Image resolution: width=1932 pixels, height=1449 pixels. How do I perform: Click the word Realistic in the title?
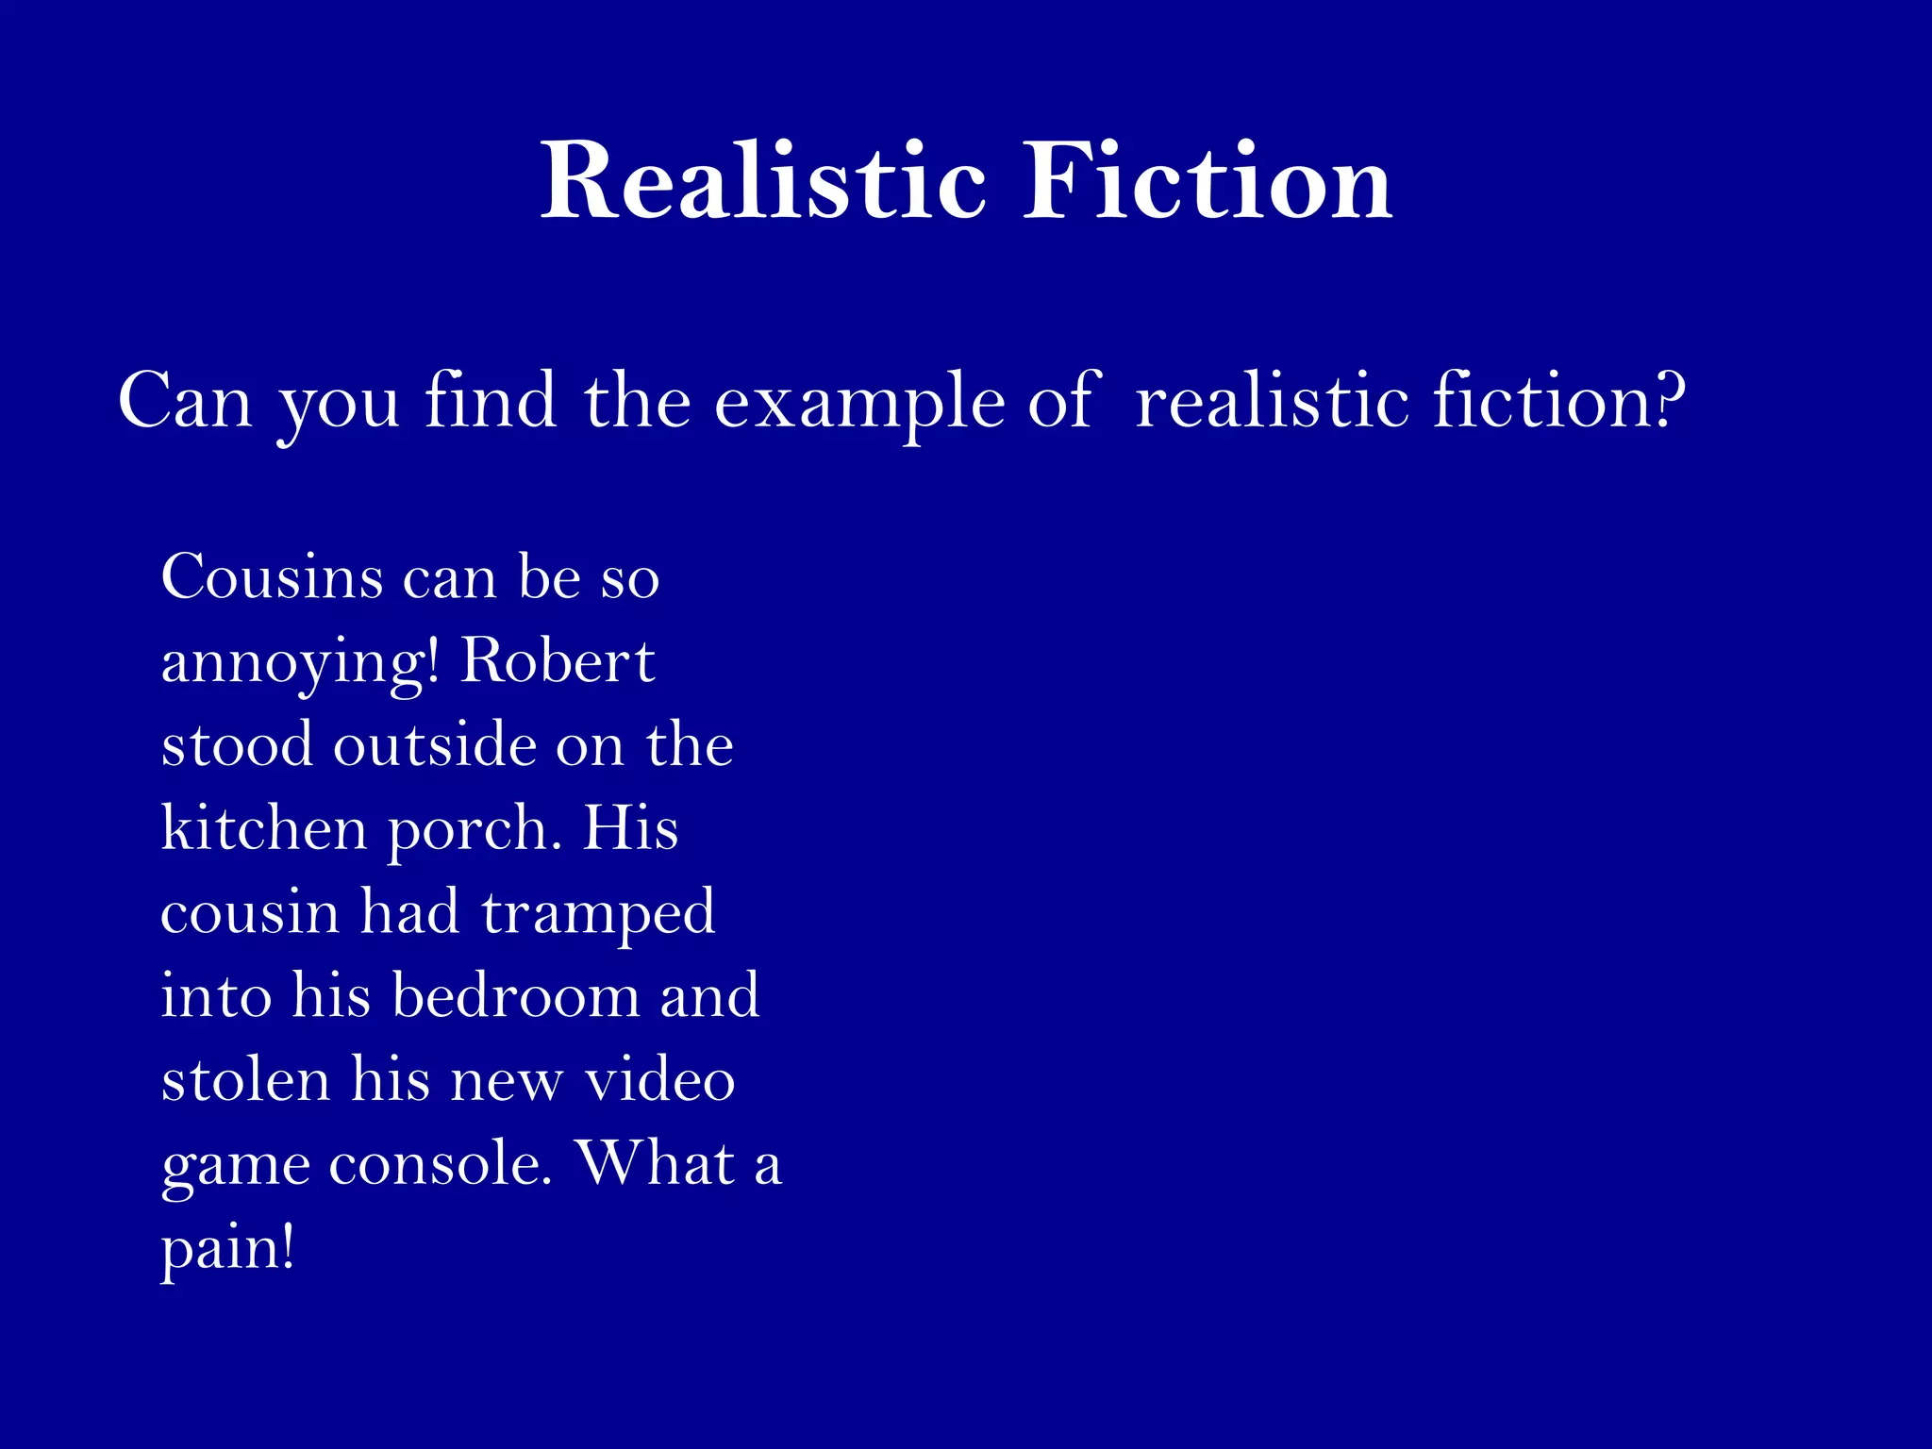point(763,181)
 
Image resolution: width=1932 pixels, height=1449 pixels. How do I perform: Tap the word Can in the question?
point(185,400)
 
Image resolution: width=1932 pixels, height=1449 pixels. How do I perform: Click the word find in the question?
point(491,400)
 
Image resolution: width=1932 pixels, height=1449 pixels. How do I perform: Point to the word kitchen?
point(264,828)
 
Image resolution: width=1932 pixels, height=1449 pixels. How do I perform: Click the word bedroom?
point(515,995)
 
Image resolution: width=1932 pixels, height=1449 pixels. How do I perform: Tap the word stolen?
point(245,1079)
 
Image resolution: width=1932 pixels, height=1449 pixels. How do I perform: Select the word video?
point(659,1079)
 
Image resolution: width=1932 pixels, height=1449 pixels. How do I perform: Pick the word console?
point(439,1163)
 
